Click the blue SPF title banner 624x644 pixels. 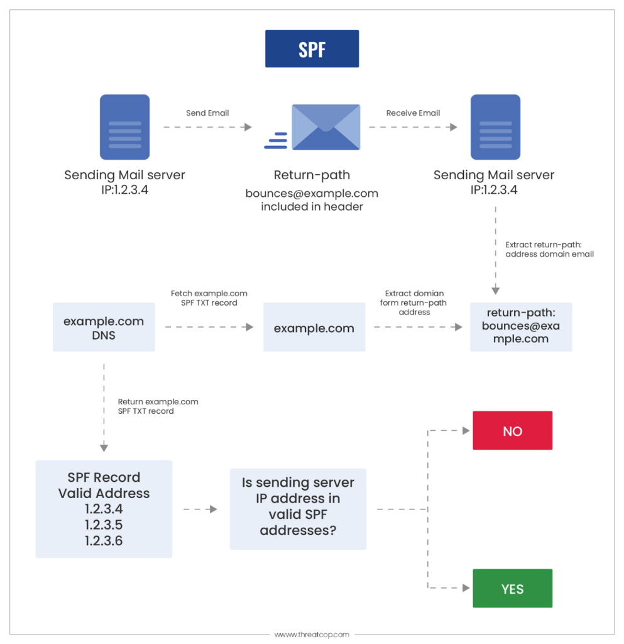(312, 49)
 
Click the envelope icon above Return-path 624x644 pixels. (325, 127)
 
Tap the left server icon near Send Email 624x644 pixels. (124, 127)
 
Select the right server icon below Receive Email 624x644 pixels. (495, 127)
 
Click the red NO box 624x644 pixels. (512, 431)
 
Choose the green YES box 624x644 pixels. (512, 589)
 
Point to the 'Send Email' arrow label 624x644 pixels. (207, 113)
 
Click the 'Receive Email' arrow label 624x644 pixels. (413, 113)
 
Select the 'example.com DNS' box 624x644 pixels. (104, 328)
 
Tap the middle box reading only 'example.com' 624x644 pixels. (314, 328)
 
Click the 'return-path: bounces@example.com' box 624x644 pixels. (521, 326)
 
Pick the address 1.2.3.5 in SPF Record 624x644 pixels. (104, 525)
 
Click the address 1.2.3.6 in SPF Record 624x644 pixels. (104, 540)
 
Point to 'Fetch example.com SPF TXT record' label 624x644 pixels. (209, 298)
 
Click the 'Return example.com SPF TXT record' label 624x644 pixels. (158, 406)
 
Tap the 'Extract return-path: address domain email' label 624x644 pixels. (549, 249)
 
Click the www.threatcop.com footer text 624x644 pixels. (312, 635)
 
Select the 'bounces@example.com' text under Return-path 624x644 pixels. (312, 194)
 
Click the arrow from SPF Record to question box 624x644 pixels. (200, 509)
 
